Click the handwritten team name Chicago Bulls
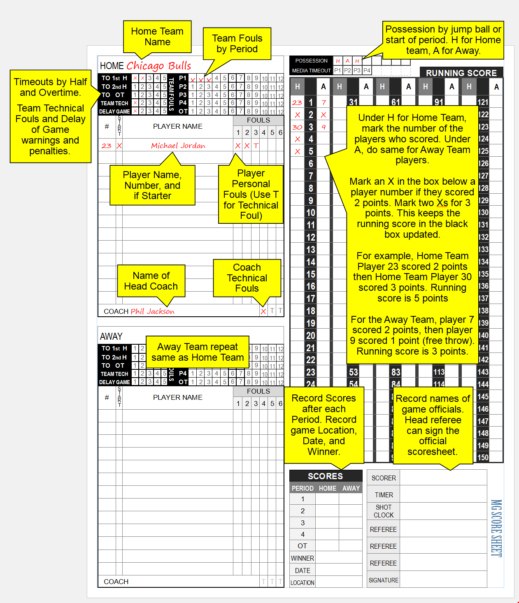pyautogui.click(x=159, y=66)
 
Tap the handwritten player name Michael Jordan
pyautogui.click(x=178, y=146)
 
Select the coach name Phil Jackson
pyautogui.click(x=152, y=311)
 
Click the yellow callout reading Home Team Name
pyautogui.click(x=157, y=37)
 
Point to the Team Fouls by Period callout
pyautogui.click(x=237, y=44)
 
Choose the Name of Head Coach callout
pyautogui.click(x=151, y=281)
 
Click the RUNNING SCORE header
pyautogui.click(x=461, y=73)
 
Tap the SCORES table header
pyautogui.click(x=325, y=476)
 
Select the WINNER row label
pyautogui.click(x=303, y=558)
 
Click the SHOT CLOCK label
pyautogui.click(x=384, y=511)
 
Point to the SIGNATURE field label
pyautogui.click(x=384, y=580)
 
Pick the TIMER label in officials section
pyautogui.click(x=384, y=495)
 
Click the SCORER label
pyautogui.click(x=384, y=478)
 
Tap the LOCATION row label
pyautogui.click(x=303, y=582)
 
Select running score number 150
pyautogui.click(x=483, y=457)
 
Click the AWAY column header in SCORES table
pyautogui.click(x=351, y=488)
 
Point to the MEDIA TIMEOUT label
pyautogui.click(x=311, y=71)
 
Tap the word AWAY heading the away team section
pyautogui.click(x=111, y=336)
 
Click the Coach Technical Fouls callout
pyautogui.click(x=247, y=278)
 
